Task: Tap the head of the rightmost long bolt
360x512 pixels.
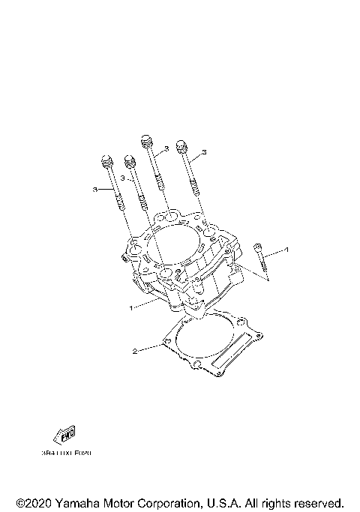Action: pyautogui.click(x=180, y=145)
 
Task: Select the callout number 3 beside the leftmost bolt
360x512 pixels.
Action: pyautogui.click(x=95, y=190)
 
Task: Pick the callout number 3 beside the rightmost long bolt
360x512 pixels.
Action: pyautogui.click(x=203, y=152)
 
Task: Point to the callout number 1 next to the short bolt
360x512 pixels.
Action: pyautogui.click(x=285, y=248)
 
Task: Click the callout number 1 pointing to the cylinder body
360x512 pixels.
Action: pyautogui.click(x=131, y=307)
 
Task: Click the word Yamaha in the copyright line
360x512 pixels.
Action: pyautogui.click(x=75, y=502)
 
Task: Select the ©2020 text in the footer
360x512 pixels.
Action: pyautogui.click(x=31, y=502)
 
